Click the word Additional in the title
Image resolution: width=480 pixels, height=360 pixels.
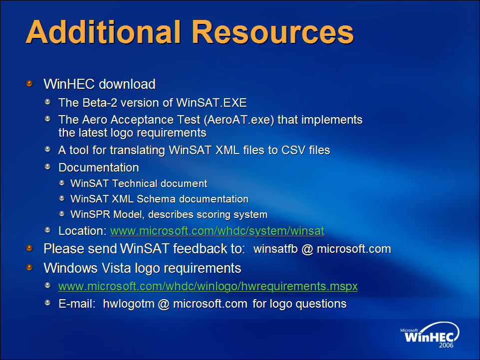point(103,32)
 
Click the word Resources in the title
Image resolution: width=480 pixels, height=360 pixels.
point(273,32)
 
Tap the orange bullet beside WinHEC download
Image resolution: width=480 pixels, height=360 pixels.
point(29,83)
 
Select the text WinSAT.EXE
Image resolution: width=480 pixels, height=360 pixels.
point(212,103)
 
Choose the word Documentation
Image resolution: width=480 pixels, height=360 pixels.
point(99,168)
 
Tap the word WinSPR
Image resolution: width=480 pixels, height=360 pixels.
point(90,214)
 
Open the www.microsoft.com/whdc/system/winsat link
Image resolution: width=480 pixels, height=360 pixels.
point(218,231)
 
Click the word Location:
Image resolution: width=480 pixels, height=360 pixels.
point(83,231)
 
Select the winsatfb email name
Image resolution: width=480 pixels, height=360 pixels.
point(275,249)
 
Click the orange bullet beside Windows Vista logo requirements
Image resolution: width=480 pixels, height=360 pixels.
point(29,267)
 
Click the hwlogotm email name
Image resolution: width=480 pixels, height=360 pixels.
point(129,304)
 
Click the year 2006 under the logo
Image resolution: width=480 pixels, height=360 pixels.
point(447,346)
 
